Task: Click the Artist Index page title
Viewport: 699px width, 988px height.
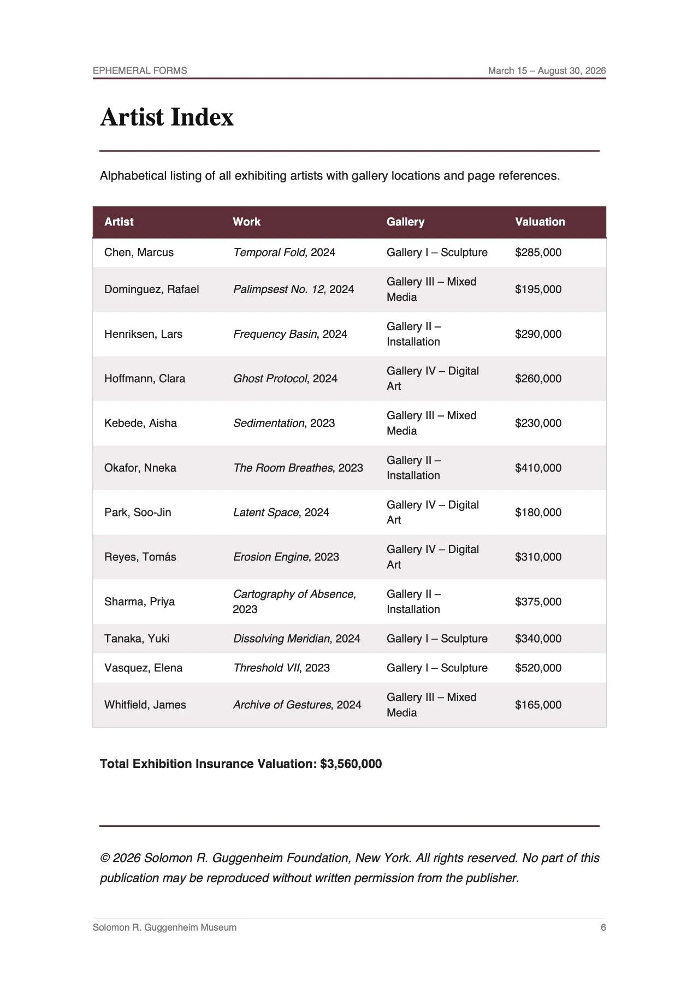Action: tap(167, 117)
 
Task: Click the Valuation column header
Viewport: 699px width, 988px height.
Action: tap(540, 222)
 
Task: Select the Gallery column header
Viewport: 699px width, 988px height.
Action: tap(405, 222)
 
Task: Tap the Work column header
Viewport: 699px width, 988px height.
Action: tap(246, 222)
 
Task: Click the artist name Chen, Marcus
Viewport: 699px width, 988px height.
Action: tap(139, 252)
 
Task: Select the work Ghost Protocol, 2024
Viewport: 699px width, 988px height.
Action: tap(285, 378)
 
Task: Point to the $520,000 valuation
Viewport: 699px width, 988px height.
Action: tap(538, 668)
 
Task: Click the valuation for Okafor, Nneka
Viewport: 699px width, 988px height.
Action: tap(538, 468)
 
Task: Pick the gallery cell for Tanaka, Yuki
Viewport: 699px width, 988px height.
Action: tap(437, 639)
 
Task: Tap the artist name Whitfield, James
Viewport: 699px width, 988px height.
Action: tap(145, 705)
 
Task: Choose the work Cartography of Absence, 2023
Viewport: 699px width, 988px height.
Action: tap(294, 601)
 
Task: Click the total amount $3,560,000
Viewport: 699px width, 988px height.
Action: tap(351, 764)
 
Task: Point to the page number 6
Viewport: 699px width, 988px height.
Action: tap(603, 927)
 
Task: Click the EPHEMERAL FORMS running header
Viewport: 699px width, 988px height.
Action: tap(140, 70)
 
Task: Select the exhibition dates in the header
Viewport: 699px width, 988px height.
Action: tap(547, 70)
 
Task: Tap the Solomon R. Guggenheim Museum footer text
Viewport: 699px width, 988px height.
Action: tap(164, 927)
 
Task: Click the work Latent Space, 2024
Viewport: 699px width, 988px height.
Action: tap(281, 512)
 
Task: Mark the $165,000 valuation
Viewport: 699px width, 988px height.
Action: tap(538, 705)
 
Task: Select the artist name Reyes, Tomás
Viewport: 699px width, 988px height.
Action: tap(140, 557)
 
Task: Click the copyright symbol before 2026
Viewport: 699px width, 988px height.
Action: tap(105, 858)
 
